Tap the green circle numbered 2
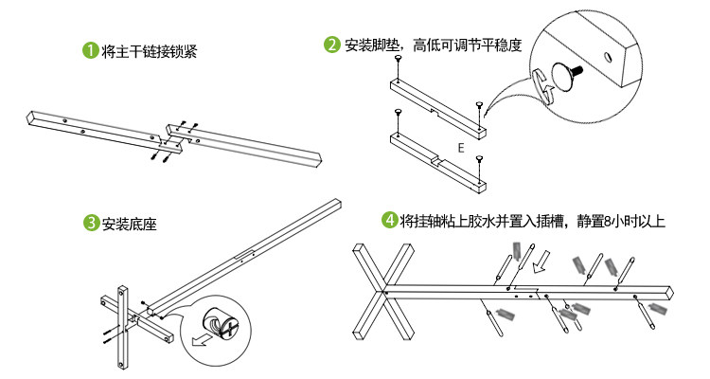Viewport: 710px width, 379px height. (x=332, y=44)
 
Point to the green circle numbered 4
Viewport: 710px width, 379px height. (x=389, y=221)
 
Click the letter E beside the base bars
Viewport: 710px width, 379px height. (x=460, y=148)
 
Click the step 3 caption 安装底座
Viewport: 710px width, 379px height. (x=129, y=225)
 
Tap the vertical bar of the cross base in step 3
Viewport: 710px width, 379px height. (x=122, y=327)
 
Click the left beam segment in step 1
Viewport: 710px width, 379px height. (x=90, y=127)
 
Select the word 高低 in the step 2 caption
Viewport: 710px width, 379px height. (x=427, y=45)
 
